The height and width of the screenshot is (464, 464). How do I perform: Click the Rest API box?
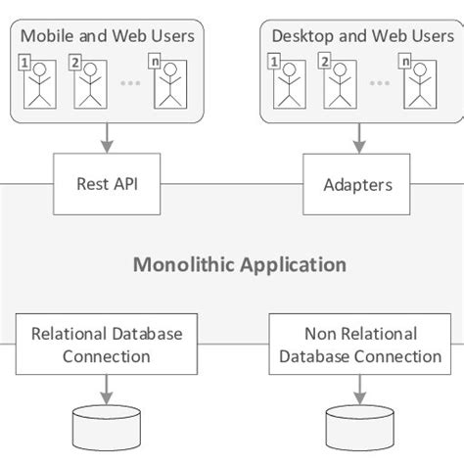click(105, 184)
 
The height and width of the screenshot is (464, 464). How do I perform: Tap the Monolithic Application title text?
click(239, 264)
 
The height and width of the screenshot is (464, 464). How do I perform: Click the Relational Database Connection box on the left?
click(106, 345)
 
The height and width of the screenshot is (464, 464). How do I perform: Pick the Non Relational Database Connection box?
click(360, 345)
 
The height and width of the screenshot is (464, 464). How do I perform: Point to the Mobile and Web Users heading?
click(109, 37)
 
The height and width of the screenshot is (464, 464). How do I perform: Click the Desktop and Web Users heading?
click(362, 37)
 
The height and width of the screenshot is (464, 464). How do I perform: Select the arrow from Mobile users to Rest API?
click(104, 138)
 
